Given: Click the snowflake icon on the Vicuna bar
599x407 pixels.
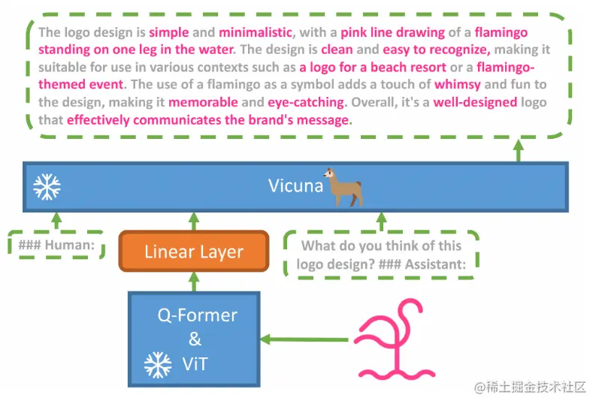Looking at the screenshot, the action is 47,186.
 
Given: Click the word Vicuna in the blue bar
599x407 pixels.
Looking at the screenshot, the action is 295,185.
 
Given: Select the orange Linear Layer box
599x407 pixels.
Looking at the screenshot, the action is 194,252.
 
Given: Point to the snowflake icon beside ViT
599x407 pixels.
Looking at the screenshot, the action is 158,365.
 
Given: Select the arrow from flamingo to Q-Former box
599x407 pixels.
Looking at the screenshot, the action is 308,339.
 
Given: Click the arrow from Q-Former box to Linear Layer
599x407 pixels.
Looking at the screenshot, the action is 194,282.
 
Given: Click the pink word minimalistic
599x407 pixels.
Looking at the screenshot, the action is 255,33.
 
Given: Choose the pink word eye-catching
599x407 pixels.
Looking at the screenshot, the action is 305,102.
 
